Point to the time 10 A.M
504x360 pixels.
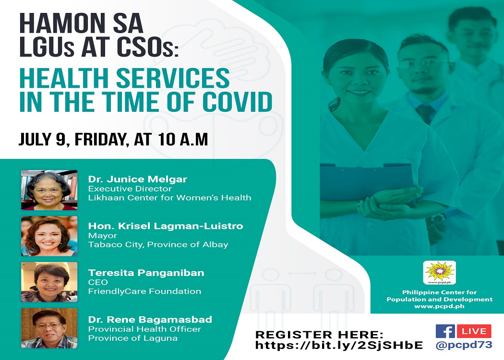click(183, 139)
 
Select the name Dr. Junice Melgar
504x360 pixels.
click(138, 179)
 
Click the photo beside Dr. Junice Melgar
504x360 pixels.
click(49, 190)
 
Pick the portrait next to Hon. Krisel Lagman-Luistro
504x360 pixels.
click(49, 236)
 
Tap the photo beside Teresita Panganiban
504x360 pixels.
click(49, 282)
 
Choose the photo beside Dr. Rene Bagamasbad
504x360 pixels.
click(49, 328)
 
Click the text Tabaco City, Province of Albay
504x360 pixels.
click(158, 245)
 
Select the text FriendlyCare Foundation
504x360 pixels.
click(144, 291)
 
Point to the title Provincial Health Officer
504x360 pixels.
click(144, 329)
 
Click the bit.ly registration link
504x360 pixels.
click(339, 345)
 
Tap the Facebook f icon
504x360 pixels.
click(445, 331)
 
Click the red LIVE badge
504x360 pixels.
click(474, 331)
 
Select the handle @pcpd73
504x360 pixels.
click(464, 345)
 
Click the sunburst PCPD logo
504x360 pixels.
click(439, 273)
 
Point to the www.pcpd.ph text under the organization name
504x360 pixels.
click(439, 306)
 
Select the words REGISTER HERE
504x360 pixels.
click(319, 334)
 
